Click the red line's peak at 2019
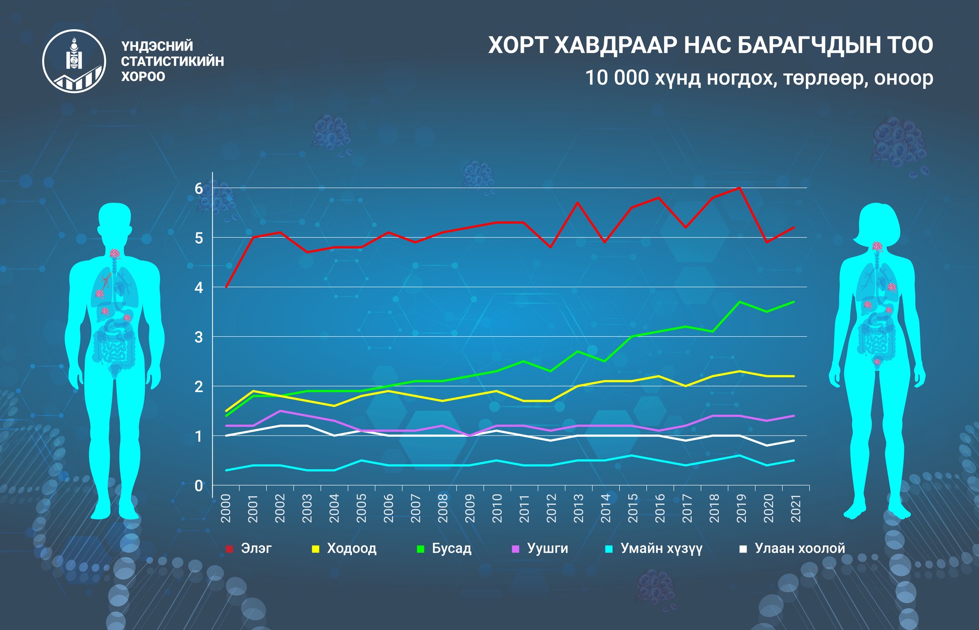740,188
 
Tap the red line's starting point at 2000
226,287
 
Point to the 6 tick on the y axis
199,188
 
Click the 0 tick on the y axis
199,486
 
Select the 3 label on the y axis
199,337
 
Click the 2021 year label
796,508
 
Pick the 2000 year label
226,508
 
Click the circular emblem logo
74,61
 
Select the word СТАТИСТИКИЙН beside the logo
173,61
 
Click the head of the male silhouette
114,220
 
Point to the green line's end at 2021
794,302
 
